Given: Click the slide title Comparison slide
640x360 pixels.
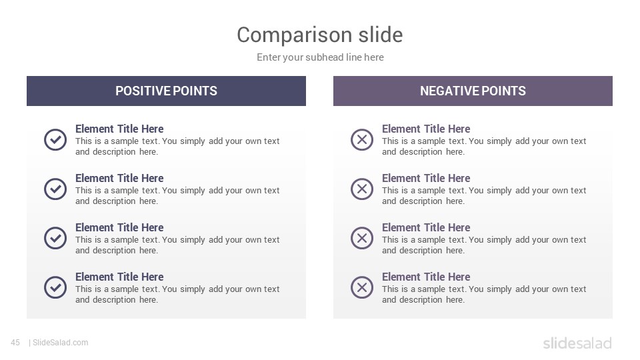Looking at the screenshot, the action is (320, 35).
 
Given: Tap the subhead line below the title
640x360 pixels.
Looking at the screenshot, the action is (320, 57).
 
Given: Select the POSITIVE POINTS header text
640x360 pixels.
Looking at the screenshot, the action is (166, 91).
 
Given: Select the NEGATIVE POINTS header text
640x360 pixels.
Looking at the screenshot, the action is (473, 91).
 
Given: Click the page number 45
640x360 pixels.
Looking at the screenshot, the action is (15, 343).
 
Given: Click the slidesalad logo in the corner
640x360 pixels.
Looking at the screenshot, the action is (577, 343).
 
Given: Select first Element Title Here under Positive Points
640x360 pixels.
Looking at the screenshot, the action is (119, 129).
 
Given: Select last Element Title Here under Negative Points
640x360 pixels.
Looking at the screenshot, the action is (426, 277).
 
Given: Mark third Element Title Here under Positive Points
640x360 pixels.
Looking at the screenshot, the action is (119, 227).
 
